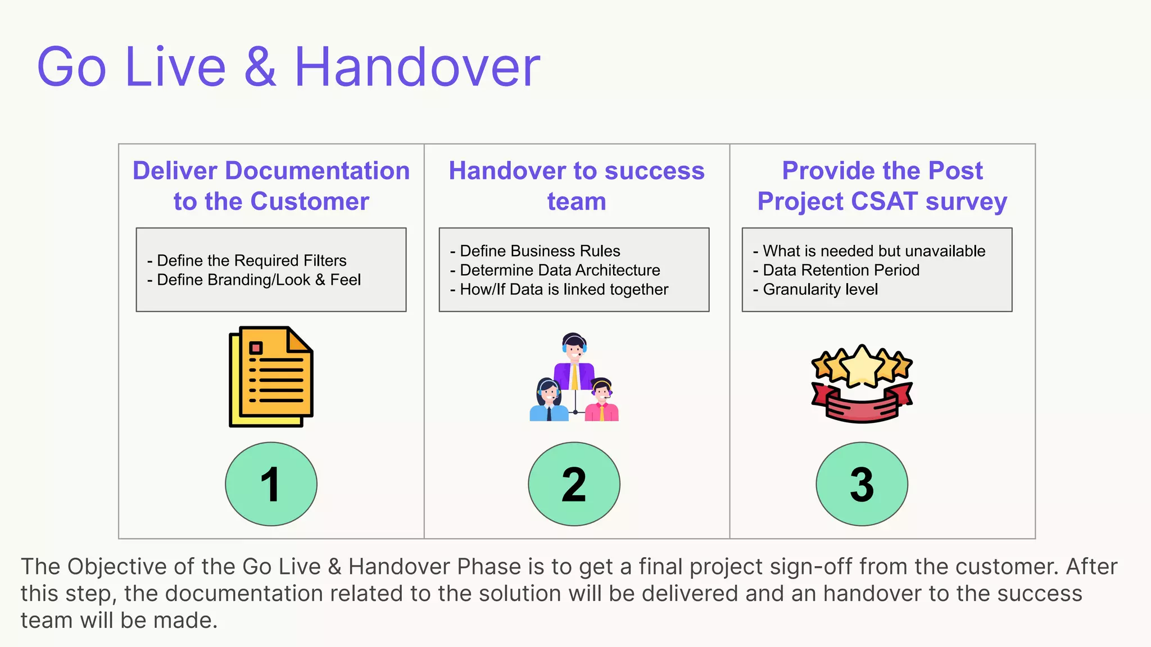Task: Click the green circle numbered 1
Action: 271,484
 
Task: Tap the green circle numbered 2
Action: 574,484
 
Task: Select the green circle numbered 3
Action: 862,484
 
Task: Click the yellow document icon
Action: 271,376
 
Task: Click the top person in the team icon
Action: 574,359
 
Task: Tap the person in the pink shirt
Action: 601,400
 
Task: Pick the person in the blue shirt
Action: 549,400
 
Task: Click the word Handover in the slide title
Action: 417,67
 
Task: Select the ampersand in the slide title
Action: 260,67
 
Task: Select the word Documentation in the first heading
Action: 317,171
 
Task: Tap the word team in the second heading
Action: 577,201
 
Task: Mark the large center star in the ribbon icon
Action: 862,365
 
